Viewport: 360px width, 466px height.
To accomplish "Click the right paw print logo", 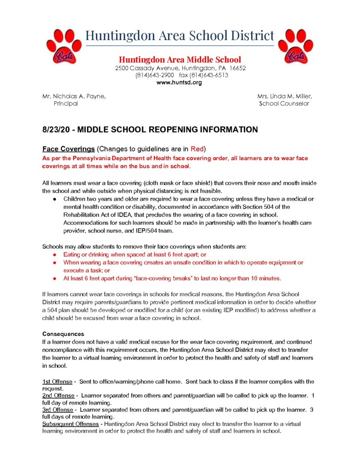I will click(x=295, y=46).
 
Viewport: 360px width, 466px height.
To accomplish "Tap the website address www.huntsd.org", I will click(x=179, y=83).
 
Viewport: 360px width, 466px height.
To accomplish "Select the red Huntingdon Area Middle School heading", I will click(x=180, y=60).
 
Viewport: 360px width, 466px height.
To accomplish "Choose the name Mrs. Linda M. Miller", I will click(x=284, y=96).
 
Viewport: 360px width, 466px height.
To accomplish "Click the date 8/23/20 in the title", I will click(x=56, y=130).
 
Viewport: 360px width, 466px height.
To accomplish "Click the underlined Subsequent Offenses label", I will click(x=70, y=424).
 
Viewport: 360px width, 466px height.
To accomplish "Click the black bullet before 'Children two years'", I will click(x=54, y=199).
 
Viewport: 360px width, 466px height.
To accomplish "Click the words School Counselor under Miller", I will click(x=284, y=103).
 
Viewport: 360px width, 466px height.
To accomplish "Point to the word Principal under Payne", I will click(x=66, y=103).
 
